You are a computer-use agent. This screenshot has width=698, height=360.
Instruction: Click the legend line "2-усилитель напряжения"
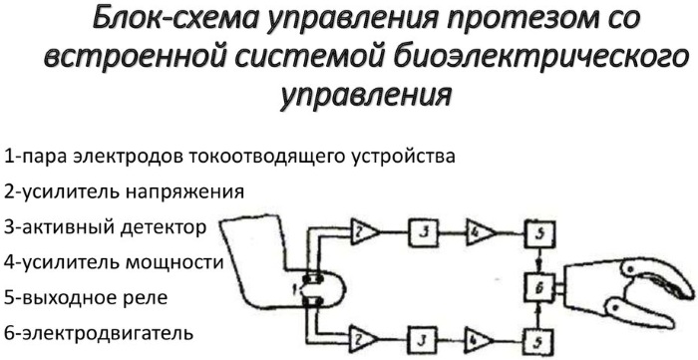pyautogui.click(x=124, y=190)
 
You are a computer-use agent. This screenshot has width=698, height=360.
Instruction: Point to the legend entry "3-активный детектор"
pyautogui.click(x=105, y=226)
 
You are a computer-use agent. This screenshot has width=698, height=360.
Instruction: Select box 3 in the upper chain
pyautogui.click(x=423, y=233)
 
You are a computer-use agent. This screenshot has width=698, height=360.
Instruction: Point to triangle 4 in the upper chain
pyautogui.click(x=480, y=233)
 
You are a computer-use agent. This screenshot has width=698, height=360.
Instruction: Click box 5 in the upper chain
pyautogui.click(x=536, y=234)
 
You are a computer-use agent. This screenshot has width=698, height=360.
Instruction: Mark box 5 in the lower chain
pyautogui.click(x=536, y=340)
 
